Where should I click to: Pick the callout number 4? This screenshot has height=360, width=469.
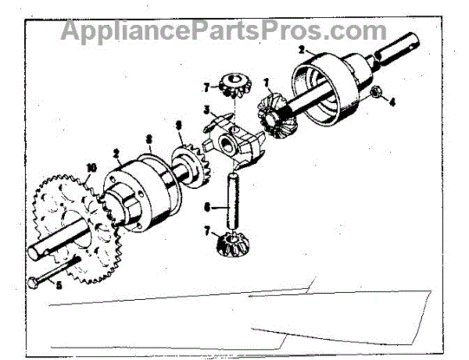coord(392,102)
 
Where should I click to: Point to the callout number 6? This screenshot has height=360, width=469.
coord(206,208)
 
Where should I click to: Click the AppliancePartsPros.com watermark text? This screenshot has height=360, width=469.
coord(223,31)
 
